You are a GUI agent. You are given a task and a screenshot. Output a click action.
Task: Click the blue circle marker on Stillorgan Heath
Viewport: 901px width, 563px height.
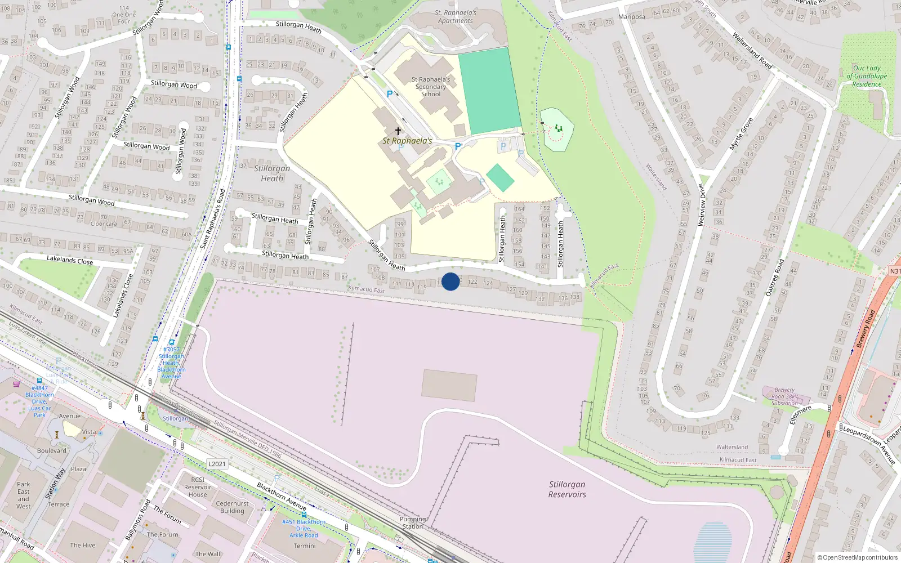coord(450,281)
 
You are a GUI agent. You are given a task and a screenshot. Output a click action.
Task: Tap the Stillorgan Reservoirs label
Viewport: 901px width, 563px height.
coord(567,489)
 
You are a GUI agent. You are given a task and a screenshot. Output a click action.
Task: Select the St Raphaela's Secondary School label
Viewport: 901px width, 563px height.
coord(431,87)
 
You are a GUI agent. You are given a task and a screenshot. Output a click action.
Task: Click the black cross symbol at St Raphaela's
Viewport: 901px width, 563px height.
coord(398,131)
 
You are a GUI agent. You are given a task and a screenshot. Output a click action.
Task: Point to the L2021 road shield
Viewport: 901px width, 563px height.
coord(217,464)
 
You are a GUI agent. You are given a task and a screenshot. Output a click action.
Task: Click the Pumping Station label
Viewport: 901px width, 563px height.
coord(413,522)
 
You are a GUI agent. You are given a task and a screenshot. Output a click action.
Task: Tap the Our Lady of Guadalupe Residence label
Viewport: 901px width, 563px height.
coord(867,76)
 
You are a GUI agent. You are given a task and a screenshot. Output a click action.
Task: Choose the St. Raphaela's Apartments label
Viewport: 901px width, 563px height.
coord(456,16)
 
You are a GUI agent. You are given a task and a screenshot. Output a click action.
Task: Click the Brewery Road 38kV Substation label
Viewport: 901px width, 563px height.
coord(784,396)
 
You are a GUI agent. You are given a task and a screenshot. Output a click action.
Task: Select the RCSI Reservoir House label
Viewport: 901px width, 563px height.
coord(198,487)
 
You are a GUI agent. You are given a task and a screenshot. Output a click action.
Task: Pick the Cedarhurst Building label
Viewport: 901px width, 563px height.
coord(232,507)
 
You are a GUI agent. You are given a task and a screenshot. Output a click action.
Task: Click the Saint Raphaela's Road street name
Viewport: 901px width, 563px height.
coord(213,219)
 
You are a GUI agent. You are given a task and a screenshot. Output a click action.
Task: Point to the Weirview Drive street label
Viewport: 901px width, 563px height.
coord(701,205)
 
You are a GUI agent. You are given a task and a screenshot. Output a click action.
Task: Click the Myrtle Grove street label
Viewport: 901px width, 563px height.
coord(741,134)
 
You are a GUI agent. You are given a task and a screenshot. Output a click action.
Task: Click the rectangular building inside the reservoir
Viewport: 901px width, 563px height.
coord(449,385)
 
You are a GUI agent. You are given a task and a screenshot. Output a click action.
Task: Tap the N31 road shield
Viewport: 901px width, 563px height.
coord(895,271)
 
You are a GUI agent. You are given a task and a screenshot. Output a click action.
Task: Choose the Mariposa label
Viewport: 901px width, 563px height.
coord(632,17)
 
